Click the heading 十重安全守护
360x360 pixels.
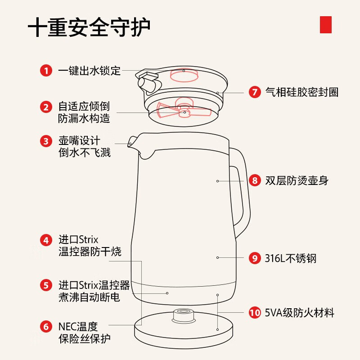[x=89, y=28]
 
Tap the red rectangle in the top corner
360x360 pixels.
[x=325, y=24]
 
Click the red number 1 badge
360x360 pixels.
[x=46, y=71]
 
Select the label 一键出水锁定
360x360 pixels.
[x=90, y=71]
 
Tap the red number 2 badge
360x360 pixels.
[x=46, y=107]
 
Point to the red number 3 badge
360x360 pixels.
[x=46, y=141]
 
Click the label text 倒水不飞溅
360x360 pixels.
[x=85, y=153]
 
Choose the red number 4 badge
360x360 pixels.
[x=46, y=240]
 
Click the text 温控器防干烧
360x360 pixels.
[x=90, y=252]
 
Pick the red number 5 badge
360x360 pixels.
[x=46, y=285]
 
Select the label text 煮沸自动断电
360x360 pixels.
[x=89, y=297]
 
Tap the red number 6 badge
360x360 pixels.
[x=46, y=326]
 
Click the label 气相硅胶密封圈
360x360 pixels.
[x=301, y=92]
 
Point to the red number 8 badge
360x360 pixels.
[x=255, y=181]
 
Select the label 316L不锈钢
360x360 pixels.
[x=290, y=258]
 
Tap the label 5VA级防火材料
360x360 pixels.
[x=299, y=313]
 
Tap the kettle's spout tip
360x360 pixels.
[x=130, y=144]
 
